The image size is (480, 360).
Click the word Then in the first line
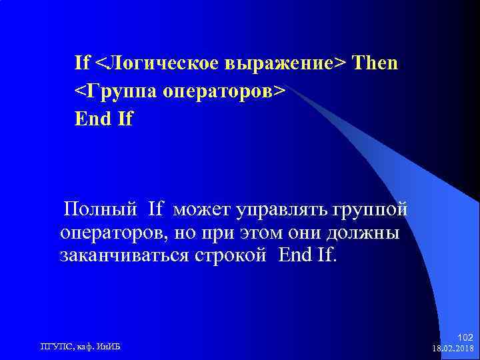[x=375, y=63]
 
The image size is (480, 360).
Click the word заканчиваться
[x=127, y=255]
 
